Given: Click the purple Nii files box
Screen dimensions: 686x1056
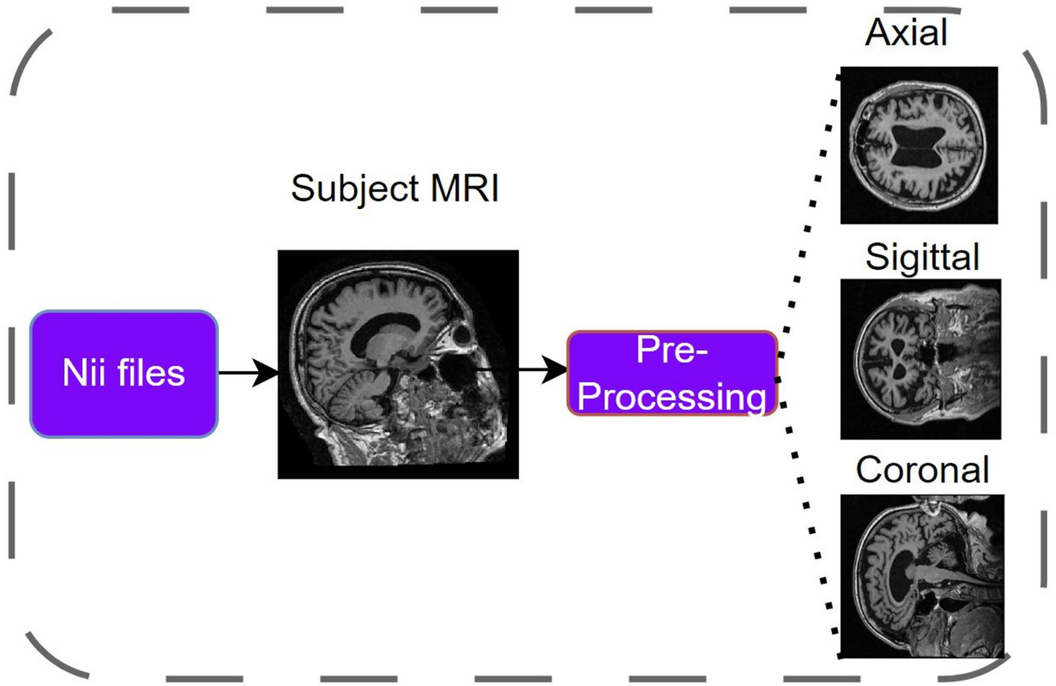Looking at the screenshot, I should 124,374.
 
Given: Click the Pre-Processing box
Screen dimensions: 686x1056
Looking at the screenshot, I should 672,373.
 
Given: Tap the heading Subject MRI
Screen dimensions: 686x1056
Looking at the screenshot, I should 395,188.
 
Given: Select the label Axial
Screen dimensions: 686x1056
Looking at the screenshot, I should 906,33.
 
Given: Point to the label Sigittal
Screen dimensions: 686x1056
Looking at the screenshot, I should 922,258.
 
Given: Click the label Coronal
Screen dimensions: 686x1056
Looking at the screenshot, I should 923,470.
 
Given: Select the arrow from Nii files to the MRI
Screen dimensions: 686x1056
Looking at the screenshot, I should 248,372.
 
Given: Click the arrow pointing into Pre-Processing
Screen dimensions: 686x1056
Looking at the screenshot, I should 537,369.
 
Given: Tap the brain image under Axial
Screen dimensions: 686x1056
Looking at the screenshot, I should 919,146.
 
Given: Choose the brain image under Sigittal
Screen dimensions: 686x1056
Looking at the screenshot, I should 920,359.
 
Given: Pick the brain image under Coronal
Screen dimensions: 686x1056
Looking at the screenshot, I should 922,576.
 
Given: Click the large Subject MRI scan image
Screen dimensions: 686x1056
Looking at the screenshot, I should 397,364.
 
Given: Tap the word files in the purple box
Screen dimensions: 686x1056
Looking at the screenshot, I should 150,373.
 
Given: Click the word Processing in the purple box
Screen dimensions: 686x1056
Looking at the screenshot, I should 671,396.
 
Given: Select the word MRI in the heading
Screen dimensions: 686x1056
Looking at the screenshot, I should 465,188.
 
